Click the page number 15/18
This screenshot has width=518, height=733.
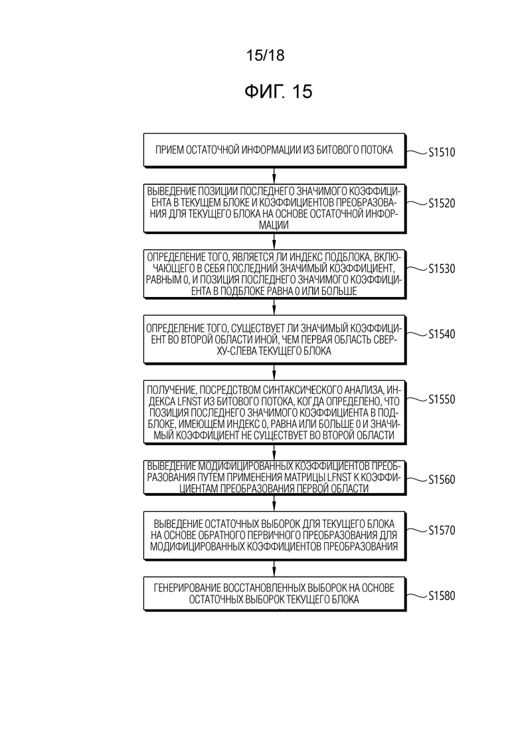(265, 56)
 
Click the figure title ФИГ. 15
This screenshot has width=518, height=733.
(278, 92)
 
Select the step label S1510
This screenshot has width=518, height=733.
(442, 152)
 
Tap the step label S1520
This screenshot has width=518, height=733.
(442, 203)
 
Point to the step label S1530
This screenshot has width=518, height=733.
(442, 268)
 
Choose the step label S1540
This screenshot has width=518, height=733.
(442, 334)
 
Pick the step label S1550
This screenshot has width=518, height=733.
(442, 399)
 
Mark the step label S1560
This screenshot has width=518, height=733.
(442, 480)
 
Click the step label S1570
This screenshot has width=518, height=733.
(442, 530)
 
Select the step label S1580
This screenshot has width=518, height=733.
(442, 596)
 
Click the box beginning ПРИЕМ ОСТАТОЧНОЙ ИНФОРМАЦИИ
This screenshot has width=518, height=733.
(275, 150)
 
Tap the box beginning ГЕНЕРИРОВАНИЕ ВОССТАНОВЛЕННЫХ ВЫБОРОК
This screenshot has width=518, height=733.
(275, 593)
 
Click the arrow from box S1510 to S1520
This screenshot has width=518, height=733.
(274, 175)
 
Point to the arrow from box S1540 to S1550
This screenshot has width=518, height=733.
(274, 372)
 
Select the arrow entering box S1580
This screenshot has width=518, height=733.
(274, 569)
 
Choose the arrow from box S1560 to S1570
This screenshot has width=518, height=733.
(274, 504)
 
